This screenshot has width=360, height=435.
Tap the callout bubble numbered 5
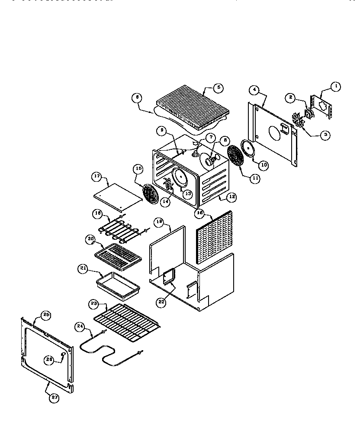pos(218,87)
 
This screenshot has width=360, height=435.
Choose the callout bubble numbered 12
pos(232,197)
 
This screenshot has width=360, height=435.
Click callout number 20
pos(90,238)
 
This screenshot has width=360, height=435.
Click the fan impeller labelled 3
pos(299,119)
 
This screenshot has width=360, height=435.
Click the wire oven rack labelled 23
pos(128,321)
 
